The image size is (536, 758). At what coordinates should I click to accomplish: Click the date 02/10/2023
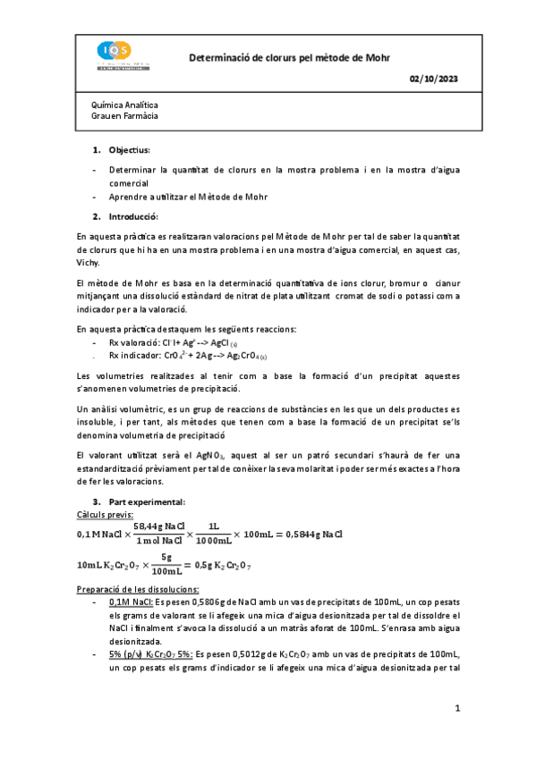coord(433,80)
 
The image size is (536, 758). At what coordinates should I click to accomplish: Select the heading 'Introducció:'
coord(133,216)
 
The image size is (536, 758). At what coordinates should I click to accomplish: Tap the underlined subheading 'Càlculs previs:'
coord(106,515)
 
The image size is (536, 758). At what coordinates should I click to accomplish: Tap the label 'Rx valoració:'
coord(137,342)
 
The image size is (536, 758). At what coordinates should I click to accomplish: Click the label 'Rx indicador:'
coord(137,354)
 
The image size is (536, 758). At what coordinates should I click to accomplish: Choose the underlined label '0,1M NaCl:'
coord(132,602)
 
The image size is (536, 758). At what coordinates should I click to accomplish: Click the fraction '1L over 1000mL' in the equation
coord(213,534)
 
